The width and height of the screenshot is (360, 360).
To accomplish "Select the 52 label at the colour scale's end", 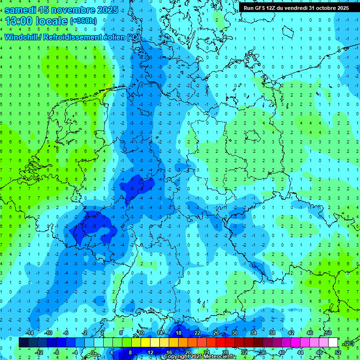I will (x=338, y=352).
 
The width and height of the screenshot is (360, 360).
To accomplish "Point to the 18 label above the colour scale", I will (x=179, y=333).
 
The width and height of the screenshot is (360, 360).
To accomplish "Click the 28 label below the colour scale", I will (x=225, y=352).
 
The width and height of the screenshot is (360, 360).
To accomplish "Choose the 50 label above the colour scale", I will (x=328, y=333).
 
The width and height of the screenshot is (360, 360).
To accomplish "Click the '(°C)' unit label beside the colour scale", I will (x=349, y=343).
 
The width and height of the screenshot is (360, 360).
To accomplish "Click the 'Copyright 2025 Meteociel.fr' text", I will (x=200, y=357).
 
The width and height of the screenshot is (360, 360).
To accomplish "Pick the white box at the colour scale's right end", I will (x=333, y=343).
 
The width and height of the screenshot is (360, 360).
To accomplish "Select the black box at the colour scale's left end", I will (x=23, y=343).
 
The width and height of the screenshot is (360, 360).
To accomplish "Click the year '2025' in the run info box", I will (x=341, y=8).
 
